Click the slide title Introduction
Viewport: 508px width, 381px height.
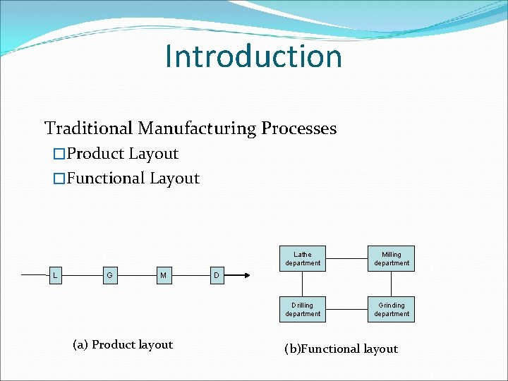[x=253, y=56]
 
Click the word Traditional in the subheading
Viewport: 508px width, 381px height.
[x=89, y=128]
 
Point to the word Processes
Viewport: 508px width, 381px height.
[x=298, y=128]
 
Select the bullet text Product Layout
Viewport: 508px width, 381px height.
[x=122, y=154]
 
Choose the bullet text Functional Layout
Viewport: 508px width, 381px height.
[x=133, y=179]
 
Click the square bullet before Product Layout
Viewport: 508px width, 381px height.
[x=59, y=154]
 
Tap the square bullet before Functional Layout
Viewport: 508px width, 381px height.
[x=59, y=179]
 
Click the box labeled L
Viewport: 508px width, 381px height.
[x=55, y=274]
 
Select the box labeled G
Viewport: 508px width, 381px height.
[x=109, y=274]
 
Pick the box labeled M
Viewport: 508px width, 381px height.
[x=164, y=274]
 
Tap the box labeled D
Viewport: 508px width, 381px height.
[x=217, y=274]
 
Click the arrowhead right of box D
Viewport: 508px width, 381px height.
[x=246, y=275]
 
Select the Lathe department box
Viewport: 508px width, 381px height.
[x=303, y=259]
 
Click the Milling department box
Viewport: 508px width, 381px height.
[x=392, y=259]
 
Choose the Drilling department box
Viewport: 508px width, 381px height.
[x=303, y=310]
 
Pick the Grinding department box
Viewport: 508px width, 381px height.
[x=392, y=310]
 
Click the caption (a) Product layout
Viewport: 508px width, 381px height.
[x=123, y=344]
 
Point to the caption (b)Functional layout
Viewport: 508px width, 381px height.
[x=341, y=349]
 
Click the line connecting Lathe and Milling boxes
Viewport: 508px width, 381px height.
[x=347, y=259]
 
